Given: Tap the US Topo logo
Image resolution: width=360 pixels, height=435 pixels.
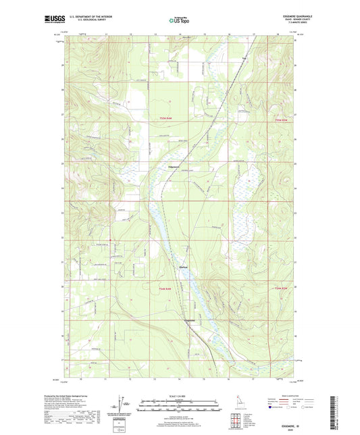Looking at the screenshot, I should (179, 21).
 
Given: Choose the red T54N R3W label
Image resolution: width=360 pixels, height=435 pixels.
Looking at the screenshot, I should (282, 289).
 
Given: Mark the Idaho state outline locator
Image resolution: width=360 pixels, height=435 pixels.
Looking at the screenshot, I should (240, 404).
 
